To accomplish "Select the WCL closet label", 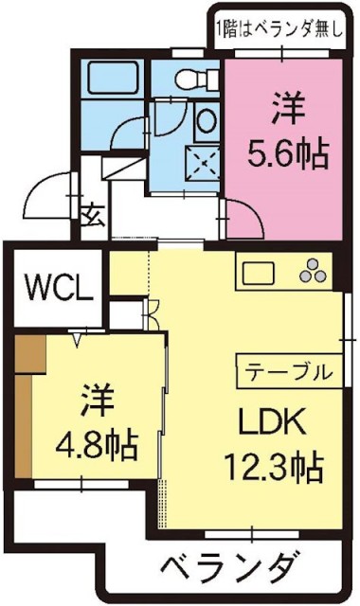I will click(58, 285).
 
